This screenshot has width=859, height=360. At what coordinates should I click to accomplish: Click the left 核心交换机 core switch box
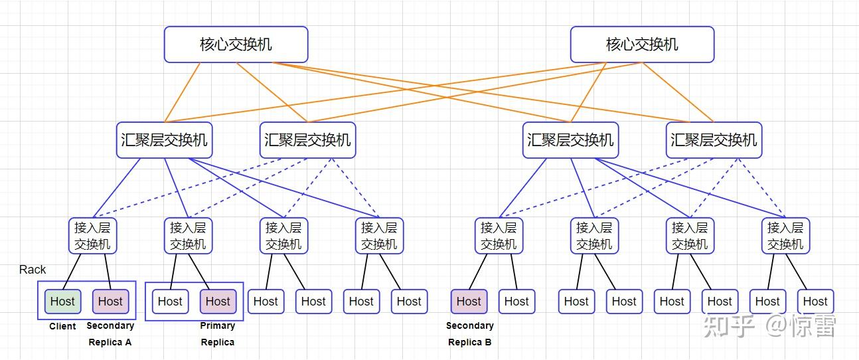236,45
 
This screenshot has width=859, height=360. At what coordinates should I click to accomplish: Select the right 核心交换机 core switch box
642,45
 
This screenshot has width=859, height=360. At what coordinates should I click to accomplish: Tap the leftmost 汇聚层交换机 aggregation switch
164,140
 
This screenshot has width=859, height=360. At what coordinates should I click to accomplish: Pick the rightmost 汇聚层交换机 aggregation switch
714,140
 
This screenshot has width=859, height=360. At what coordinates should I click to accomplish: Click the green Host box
62,301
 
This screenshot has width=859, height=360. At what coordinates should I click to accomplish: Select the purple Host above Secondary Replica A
110,301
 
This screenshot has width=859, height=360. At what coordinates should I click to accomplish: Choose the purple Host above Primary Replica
218,301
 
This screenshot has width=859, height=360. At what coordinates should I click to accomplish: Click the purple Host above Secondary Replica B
469,301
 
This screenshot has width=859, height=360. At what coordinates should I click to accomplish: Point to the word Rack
33,270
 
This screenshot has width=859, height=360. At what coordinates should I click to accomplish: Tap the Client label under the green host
62,326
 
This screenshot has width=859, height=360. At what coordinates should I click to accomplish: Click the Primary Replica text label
218,334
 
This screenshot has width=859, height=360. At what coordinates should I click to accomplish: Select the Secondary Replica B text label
469,334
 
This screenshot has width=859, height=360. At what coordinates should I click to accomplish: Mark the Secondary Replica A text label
110,334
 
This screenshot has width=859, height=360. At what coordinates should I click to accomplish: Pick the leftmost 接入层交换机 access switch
92,236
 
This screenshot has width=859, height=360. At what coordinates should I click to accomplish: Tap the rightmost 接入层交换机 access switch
785,236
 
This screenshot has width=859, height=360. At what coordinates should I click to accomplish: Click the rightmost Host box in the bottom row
815,301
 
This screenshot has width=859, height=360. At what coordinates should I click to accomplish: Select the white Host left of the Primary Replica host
170,301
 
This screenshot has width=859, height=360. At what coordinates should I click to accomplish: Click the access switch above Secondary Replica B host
499,236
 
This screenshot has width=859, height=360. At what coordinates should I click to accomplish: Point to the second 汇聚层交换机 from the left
307,140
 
